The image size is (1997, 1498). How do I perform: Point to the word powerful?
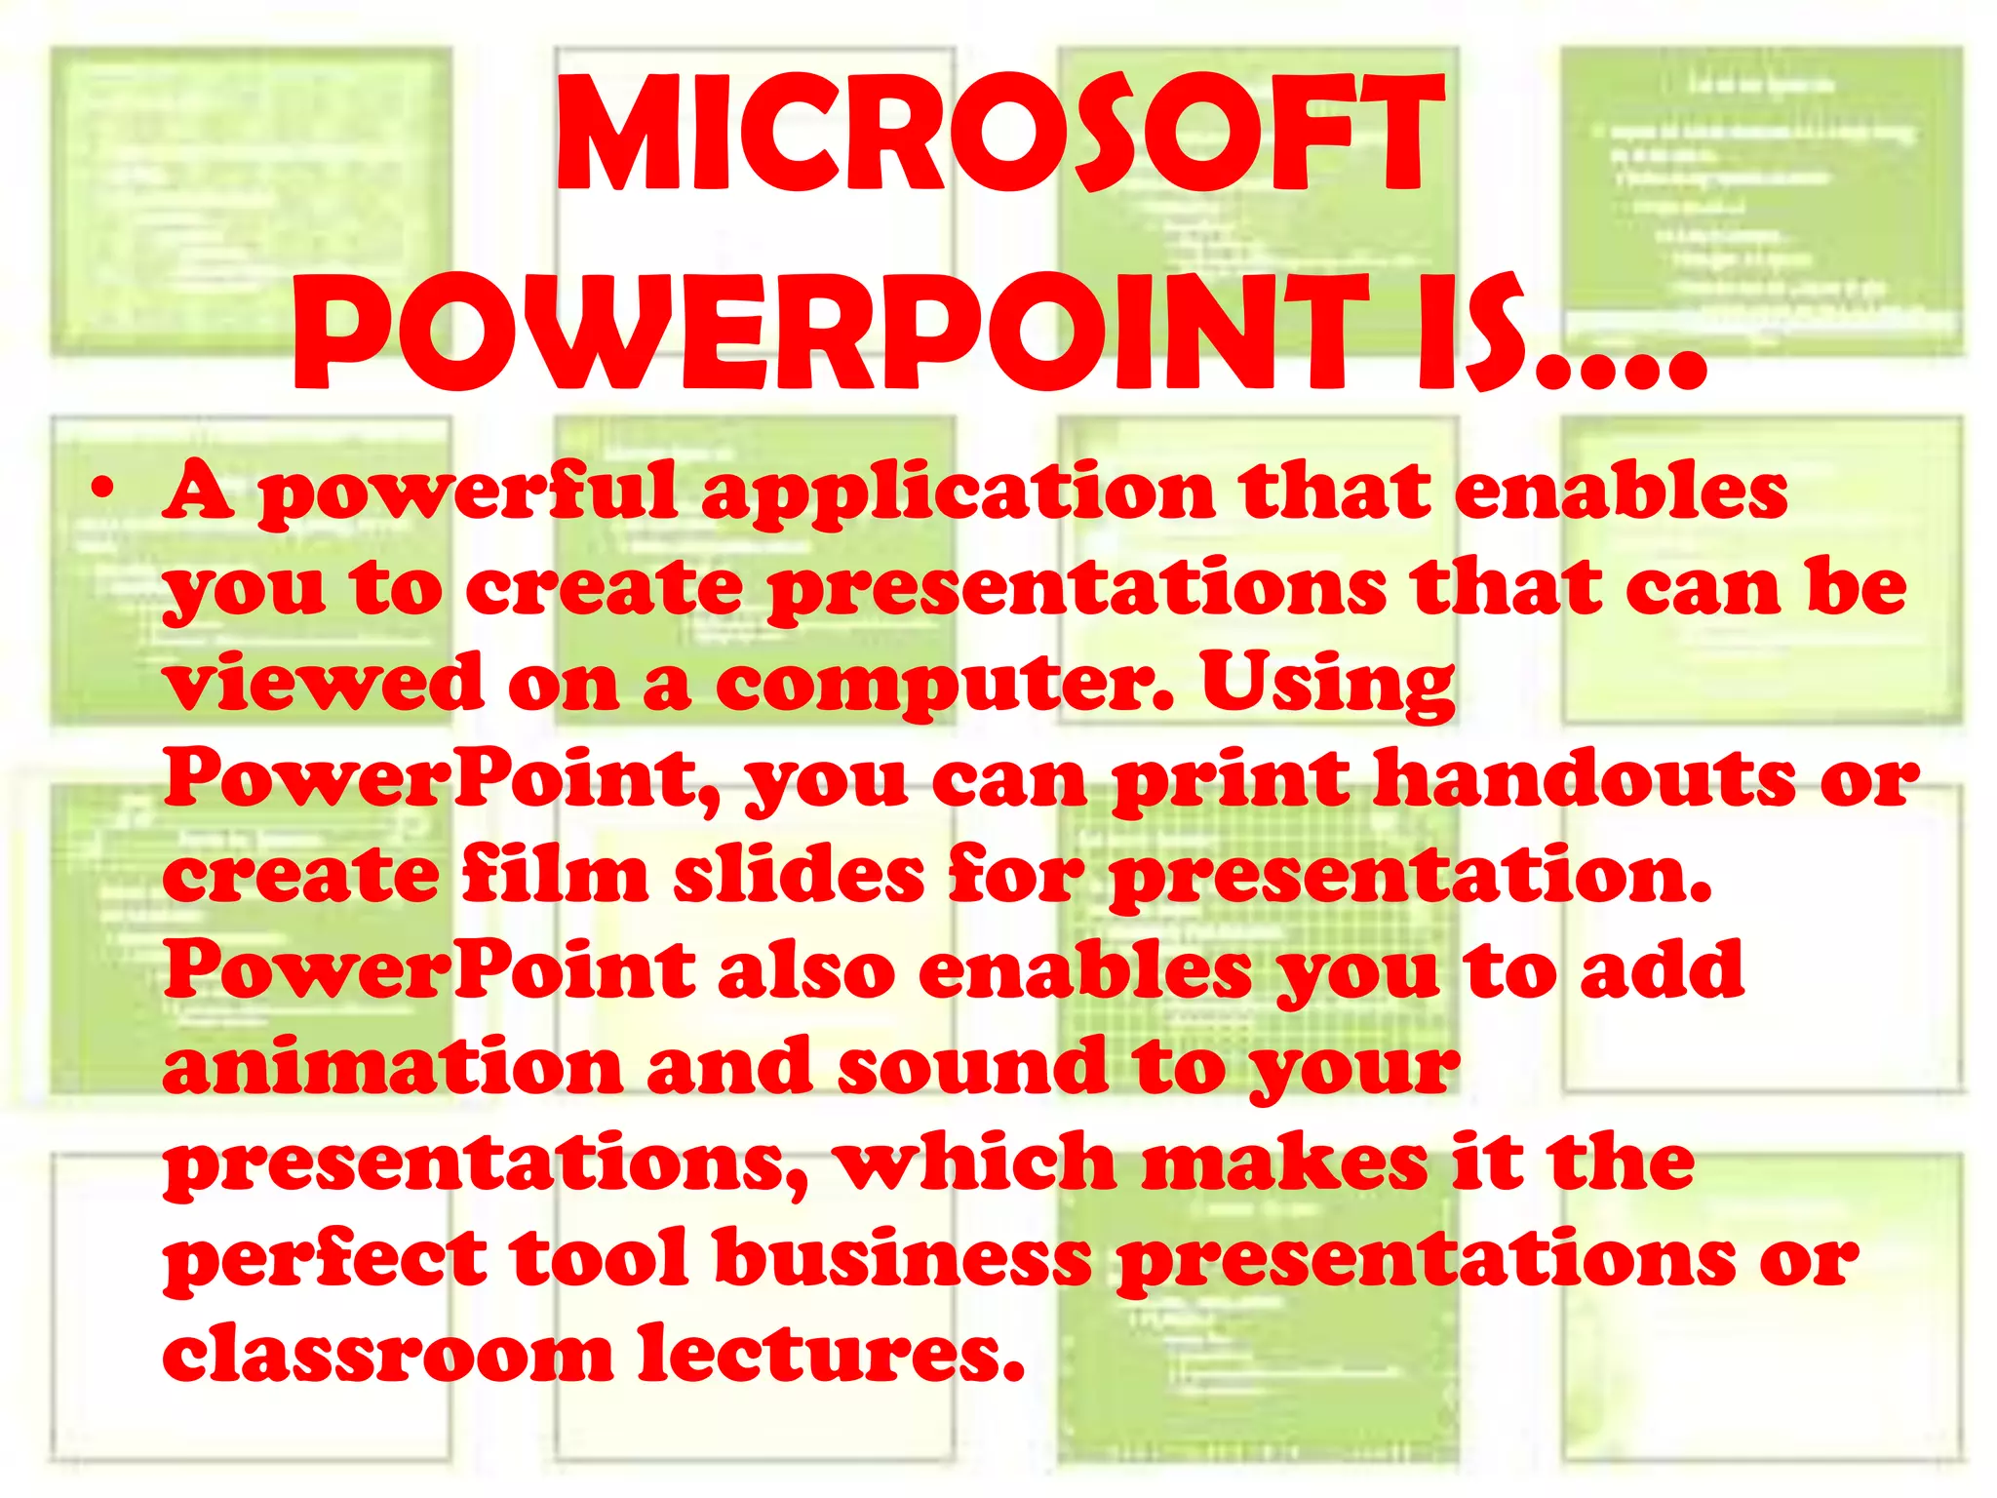(467, 493)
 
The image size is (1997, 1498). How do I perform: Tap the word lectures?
(830, 1354)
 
